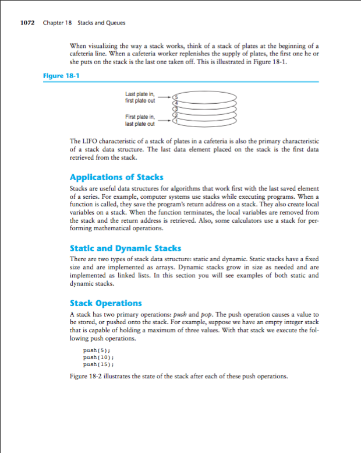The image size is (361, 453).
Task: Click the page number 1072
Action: click(x=27, y=23)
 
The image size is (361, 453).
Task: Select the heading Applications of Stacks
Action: click(x=116, y=177)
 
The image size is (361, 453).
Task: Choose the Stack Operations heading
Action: click(x=105, y=303)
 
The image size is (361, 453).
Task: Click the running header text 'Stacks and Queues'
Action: click(x=102, y=23)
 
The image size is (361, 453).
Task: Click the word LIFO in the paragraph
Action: click(x=89, y=141)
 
